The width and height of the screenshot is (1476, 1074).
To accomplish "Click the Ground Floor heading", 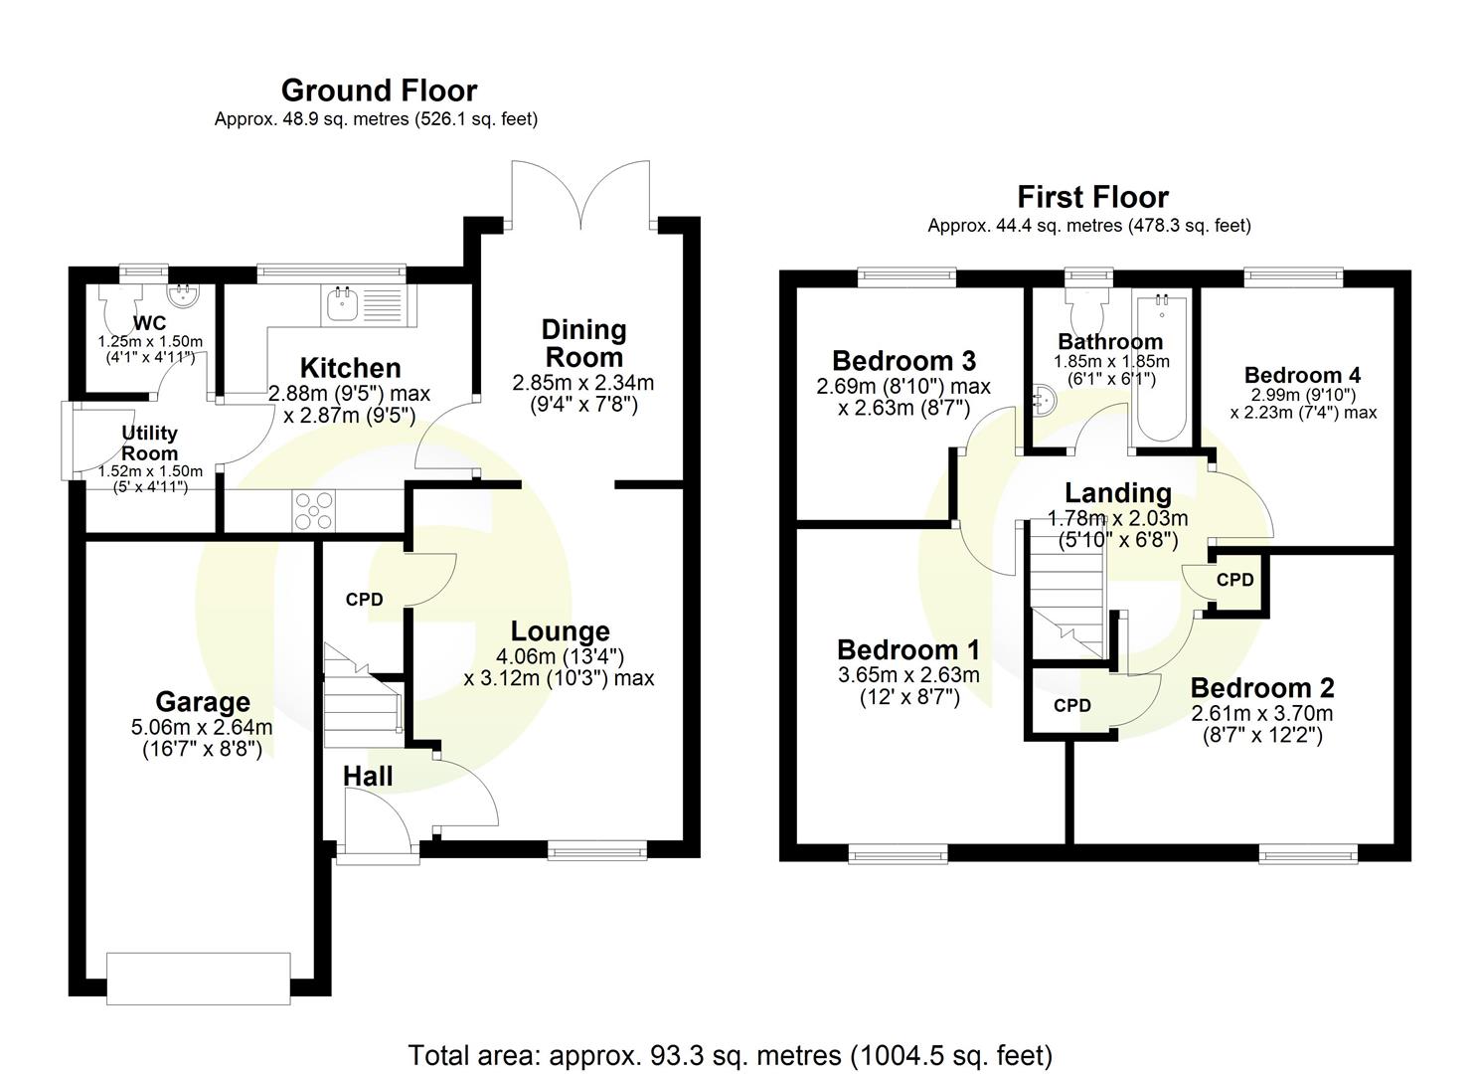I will (x=379, y=90).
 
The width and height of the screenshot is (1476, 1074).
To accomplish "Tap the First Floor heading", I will (x=1091, y=197).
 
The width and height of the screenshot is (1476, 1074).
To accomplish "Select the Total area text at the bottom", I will (x=730, y=1054).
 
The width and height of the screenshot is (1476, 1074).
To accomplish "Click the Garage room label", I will (x=202, y=703).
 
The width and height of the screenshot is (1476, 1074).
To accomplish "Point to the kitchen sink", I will (x=342, y=302).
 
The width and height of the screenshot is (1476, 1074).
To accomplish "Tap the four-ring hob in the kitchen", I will (x=313, y=511).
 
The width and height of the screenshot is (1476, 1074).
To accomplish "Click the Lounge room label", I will (x=560, y=631).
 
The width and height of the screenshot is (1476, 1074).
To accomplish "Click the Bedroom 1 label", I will (x=907, y=649).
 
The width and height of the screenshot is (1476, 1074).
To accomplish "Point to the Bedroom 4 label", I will (x=1302, y=375).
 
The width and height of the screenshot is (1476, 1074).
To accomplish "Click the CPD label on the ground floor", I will (x=364, y=600).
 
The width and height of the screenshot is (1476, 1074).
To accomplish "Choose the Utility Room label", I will (x=149, y=443).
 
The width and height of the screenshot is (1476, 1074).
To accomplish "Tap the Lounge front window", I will (x=596, y=850).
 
